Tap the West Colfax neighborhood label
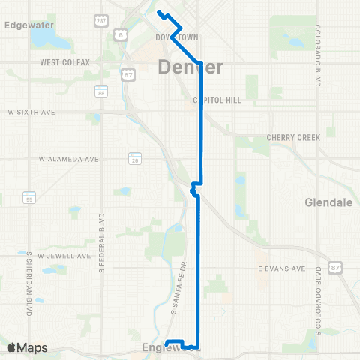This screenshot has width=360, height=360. click(65, 62)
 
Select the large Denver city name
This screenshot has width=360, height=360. click(191, 67)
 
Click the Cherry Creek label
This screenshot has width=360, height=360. click(293, 137)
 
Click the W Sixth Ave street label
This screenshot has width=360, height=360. click(31, 111)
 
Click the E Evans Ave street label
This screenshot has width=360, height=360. click(280, 268)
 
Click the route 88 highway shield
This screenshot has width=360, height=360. click(100, 91)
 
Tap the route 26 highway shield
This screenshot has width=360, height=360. click(135, 160)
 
